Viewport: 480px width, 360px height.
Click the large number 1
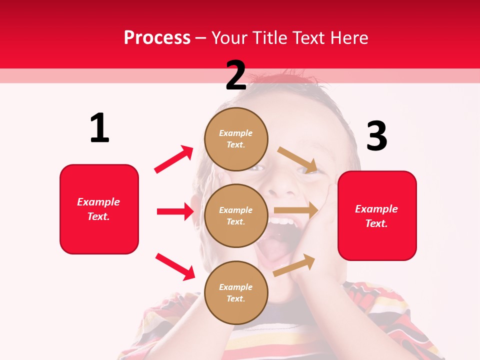coord(99,128)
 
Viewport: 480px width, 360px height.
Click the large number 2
coord(236,76)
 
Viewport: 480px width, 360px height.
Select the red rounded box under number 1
coord(99,209)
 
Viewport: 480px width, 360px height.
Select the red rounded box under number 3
coord(377,216)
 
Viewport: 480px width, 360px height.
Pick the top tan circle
coord(236,139)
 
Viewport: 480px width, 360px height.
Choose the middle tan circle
coord(236,215)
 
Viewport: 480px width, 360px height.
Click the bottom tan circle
coord(236,292)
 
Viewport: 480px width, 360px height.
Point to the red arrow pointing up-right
coord(174,159)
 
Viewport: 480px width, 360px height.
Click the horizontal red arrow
coord(175,211)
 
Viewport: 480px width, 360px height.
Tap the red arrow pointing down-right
coord(175,266)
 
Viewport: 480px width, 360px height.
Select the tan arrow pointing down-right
coord(298,160)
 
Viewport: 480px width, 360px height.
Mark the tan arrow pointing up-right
coord(294,265)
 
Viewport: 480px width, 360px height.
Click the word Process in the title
coord(157,37)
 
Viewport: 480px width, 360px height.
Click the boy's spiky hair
coord(280,80)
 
